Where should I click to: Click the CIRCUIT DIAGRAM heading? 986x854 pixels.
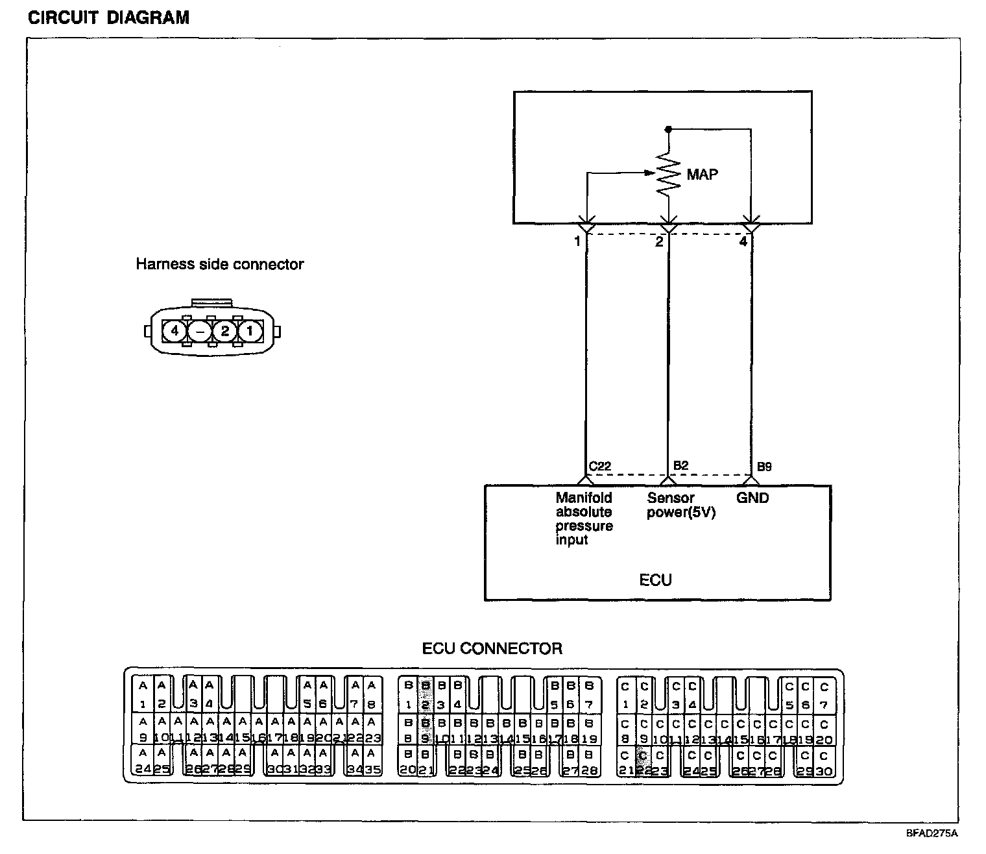point(108,17)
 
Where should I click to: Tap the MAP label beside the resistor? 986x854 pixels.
point(703,174)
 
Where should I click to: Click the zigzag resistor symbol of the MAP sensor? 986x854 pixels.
point(669,174)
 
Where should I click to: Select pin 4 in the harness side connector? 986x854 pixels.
point(174,331)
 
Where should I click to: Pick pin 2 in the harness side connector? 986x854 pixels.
point(224,331)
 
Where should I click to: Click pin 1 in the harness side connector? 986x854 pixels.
point(250,331)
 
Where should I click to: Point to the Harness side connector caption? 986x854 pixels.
point(219,264)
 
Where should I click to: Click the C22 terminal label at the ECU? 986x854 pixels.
point(599,467)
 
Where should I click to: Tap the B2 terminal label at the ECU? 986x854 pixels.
point(680,465)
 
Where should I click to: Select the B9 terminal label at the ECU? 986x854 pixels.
point(764,467)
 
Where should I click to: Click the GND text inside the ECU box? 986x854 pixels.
point(752,498)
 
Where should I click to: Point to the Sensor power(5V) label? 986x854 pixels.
point(680,506)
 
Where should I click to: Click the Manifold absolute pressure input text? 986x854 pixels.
point(584,518)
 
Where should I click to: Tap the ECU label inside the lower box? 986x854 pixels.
point(655,579)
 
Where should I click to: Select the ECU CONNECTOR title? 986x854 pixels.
point(492,648)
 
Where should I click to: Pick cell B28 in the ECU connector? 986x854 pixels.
point(588,762)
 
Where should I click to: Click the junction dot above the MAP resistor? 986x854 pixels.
point(668,129)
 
